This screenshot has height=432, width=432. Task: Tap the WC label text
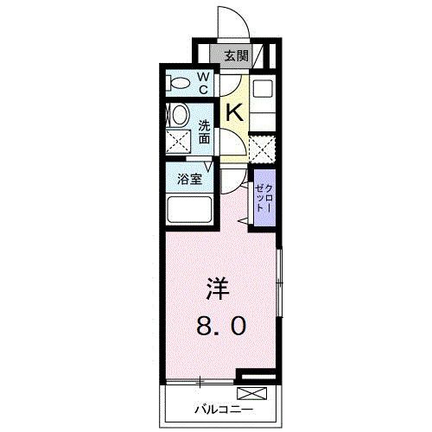pos(204,82)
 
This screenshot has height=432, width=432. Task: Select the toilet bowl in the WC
pos(179,83)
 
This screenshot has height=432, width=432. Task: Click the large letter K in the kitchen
pos(233,112)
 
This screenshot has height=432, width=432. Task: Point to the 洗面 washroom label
pos(205,130)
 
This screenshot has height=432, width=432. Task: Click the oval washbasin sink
pos(179,115)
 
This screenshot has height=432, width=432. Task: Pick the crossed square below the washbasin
pos(179,142)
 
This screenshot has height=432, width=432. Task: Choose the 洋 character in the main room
pos(217,287)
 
